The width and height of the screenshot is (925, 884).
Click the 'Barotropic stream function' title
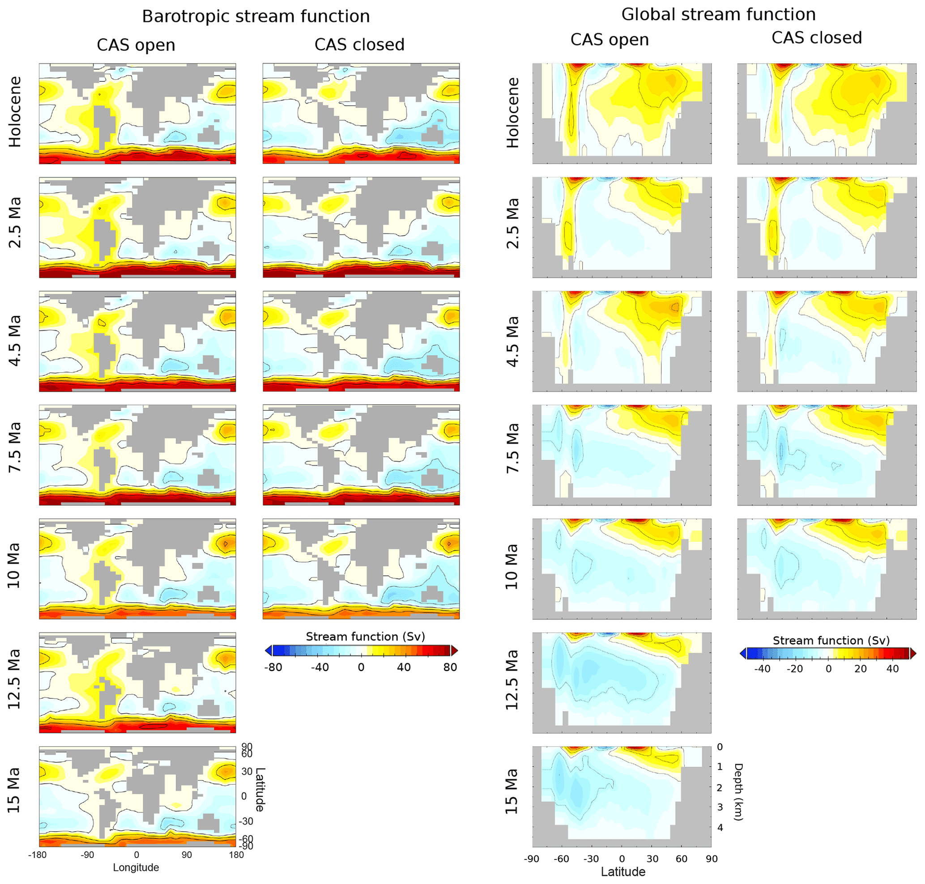pos(256,17)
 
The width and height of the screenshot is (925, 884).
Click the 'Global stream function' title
pos(718,15)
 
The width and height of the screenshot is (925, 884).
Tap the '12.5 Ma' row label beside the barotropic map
pos(14,679)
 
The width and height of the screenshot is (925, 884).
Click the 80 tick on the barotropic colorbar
pos(450,667)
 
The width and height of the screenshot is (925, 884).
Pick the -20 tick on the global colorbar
pos(794,669)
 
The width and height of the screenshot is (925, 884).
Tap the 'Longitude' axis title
pos(136,867)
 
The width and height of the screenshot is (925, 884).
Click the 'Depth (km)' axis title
pos(738,792)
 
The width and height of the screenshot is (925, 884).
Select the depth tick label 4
pos(720,828)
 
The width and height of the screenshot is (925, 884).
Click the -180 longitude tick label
pos(37,855)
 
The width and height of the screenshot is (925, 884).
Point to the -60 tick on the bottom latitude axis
pos(561,858)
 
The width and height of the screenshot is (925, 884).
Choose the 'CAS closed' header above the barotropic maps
pos(359,45)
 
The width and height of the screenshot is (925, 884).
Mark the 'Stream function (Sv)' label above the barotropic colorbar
pos(365,637)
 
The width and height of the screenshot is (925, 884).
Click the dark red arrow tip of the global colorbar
pos(913,654)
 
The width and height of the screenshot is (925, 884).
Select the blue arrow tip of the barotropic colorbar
pos(268,651)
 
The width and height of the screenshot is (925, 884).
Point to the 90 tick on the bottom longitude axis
pos(187,855)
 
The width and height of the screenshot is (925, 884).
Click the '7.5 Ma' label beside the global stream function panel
pos(512,448)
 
